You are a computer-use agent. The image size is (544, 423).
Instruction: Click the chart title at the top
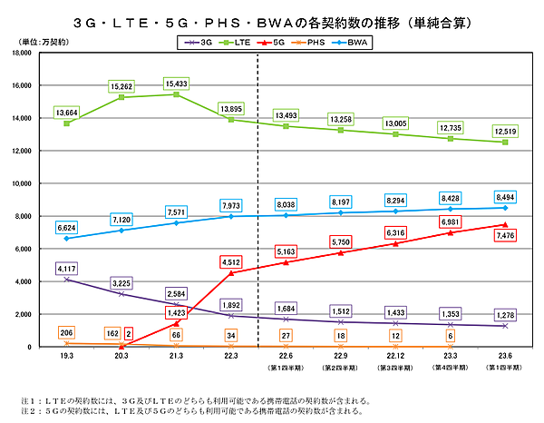point(272,17)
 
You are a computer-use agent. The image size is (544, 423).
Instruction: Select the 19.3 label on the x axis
point(66,357)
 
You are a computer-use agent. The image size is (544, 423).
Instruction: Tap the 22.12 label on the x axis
point(397,357)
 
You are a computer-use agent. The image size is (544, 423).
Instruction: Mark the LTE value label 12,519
point(504,133)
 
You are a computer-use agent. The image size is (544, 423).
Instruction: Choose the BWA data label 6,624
point(66,228)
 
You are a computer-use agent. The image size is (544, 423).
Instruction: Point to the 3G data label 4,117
point(66,269)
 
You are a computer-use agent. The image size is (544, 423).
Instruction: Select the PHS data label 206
point(66,334)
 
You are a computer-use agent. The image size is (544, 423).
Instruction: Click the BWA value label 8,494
point(504,196)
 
